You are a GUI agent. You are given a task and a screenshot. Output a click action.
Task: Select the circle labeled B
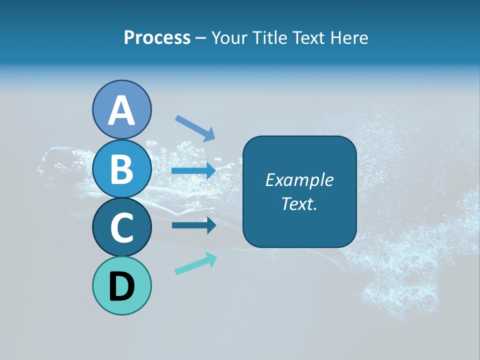click(121, 169)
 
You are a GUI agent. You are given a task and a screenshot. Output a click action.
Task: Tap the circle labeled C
click(121, 227)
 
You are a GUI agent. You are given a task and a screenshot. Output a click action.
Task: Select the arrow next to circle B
click(193, 171)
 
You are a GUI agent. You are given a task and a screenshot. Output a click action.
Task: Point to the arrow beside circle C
click(193, 225)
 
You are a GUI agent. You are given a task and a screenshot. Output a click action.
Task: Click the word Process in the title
click(157, 38)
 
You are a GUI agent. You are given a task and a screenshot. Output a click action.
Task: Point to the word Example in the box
click(299, 180)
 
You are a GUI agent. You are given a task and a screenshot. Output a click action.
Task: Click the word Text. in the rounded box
click(299, 203)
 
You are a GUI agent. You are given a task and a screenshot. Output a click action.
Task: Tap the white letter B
click(121, 169)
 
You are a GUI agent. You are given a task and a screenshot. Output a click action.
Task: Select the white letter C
click(121, 227)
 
